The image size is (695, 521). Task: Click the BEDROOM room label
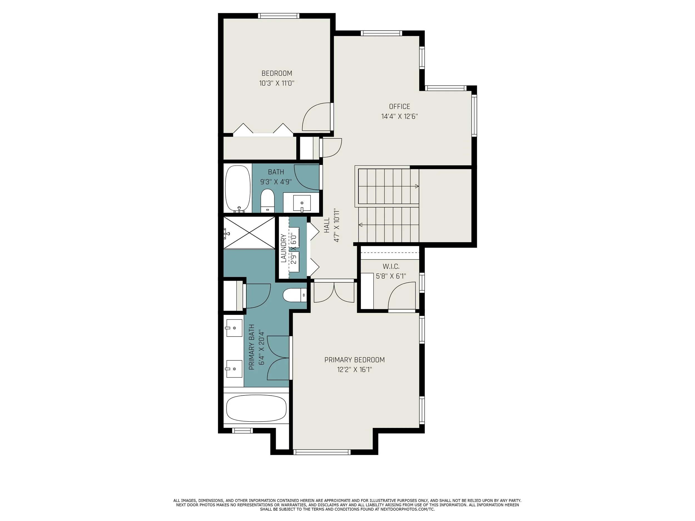click(x=277, y=73)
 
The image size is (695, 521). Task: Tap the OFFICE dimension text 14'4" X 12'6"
click(x=399, y=116)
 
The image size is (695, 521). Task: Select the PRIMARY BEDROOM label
click(x=354, y=360)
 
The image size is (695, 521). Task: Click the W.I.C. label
click(x=391, y=267)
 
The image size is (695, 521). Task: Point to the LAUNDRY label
click(x=283, y=248)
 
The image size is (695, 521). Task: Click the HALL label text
click(x=327, y=225)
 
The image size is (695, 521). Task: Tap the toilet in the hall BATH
click(x=267, y=201)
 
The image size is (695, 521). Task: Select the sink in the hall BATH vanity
click(x=302, y=203)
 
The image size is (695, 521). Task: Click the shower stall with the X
click(x=249, y=233)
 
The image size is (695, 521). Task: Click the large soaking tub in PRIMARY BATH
click(x=256, y=408)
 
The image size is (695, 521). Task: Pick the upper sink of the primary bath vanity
click(x=234, y=328)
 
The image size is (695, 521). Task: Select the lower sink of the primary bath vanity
click(x=234, y=369)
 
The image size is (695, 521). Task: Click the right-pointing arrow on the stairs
click(x=417, y=186)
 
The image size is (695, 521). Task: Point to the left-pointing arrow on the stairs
click(x=361, y=225)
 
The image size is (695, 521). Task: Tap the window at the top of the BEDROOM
click(x=278, y=16)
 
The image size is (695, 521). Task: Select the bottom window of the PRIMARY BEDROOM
click(x=322, y=452)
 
